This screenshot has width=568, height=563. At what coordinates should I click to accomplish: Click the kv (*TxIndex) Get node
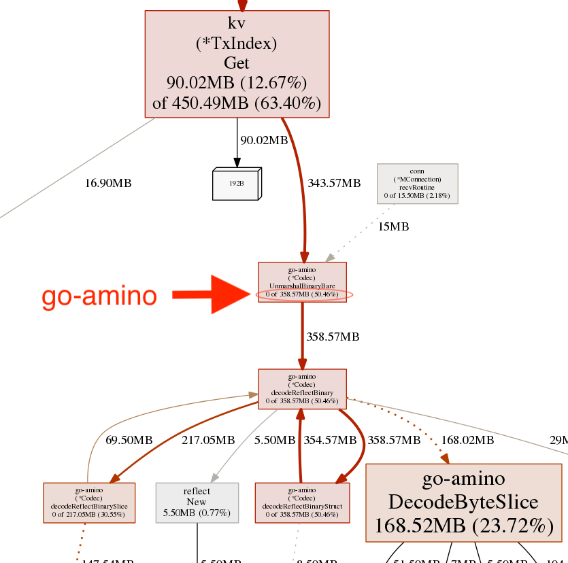(237, 63)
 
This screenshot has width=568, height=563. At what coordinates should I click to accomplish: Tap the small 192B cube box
(237, 184)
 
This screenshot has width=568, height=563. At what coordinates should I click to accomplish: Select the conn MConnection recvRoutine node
(418, 184)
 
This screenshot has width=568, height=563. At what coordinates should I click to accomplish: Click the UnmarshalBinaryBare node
(302, 282)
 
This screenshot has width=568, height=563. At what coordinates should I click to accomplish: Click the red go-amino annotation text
(99, 296)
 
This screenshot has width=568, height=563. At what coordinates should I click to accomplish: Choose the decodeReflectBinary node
(302, 389)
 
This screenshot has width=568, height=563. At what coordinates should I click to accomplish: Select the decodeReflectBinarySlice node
(89, 502)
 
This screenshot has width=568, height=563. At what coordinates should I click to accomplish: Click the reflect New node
(197, 502)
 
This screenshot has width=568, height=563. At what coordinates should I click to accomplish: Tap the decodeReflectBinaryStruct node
(302, 502)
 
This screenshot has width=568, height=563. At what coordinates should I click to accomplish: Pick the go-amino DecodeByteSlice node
(464, 502)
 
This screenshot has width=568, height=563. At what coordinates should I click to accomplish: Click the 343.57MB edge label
(334, 183)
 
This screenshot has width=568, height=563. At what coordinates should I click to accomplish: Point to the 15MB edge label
(394, 227)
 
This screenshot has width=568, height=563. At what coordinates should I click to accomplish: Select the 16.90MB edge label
(108, 183)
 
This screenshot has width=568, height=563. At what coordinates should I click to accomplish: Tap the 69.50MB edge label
(129, 441)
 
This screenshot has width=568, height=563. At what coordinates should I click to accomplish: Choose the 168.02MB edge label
(467, 441)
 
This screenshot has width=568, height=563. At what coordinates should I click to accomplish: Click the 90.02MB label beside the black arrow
(264, 140)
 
